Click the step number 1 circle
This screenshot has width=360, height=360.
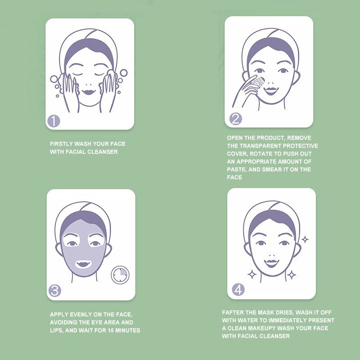coord(54,121)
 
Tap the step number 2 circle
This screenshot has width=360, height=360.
coord(236,119)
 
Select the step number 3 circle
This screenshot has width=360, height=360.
coord(55,290)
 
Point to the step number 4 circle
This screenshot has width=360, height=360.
coord(238,289)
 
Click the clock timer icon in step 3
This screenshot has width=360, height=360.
coord(120,275)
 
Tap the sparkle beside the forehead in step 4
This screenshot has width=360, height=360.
coord(305,239)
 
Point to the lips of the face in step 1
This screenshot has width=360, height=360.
coord(89,91)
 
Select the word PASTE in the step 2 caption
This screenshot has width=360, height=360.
coord(236,170)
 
